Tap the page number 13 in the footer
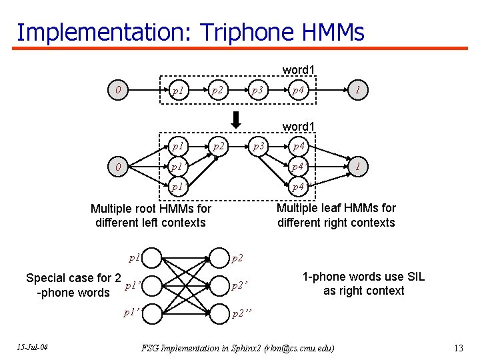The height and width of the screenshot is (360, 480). tap(458, 348)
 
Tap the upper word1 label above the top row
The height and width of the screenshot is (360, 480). tap(299, 69)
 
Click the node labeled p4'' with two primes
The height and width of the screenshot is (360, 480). tap(297, 187)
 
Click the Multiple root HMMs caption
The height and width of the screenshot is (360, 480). tap(151, 215)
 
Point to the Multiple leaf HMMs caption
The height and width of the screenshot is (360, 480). tap(336, 215)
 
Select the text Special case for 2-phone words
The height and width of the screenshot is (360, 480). tap(73, 285)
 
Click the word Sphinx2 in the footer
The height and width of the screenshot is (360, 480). tap(244, 348)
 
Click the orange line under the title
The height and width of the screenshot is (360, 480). tap(240, 48)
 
